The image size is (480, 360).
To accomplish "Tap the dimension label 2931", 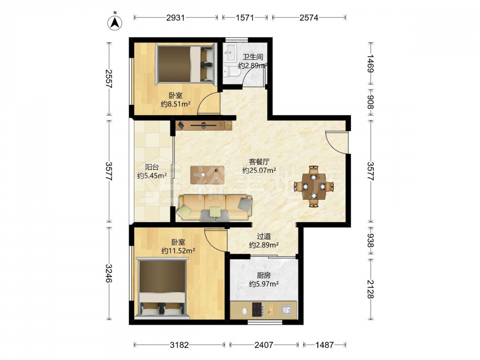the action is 175,18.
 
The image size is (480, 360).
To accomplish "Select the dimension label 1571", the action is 245,18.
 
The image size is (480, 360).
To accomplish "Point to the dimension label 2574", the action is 309,18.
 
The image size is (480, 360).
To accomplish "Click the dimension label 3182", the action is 180,345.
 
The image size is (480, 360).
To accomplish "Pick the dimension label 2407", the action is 264,345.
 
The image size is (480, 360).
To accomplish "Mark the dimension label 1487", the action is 324,345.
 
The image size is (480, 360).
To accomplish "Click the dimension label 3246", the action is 108,273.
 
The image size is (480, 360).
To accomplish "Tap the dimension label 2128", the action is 371,289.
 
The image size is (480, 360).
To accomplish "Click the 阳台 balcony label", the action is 152,167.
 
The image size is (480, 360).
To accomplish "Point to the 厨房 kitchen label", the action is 264,275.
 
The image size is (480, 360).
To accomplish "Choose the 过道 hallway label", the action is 264,236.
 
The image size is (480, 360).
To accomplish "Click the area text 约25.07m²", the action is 259,170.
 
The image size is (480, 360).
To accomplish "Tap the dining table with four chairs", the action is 314,186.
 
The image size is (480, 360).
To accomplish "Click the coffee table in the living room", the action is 207,175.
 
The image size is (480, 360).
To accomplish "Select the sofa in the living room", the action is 215,208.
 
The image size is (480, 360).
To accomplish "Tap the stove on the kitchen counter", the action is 257,309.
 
